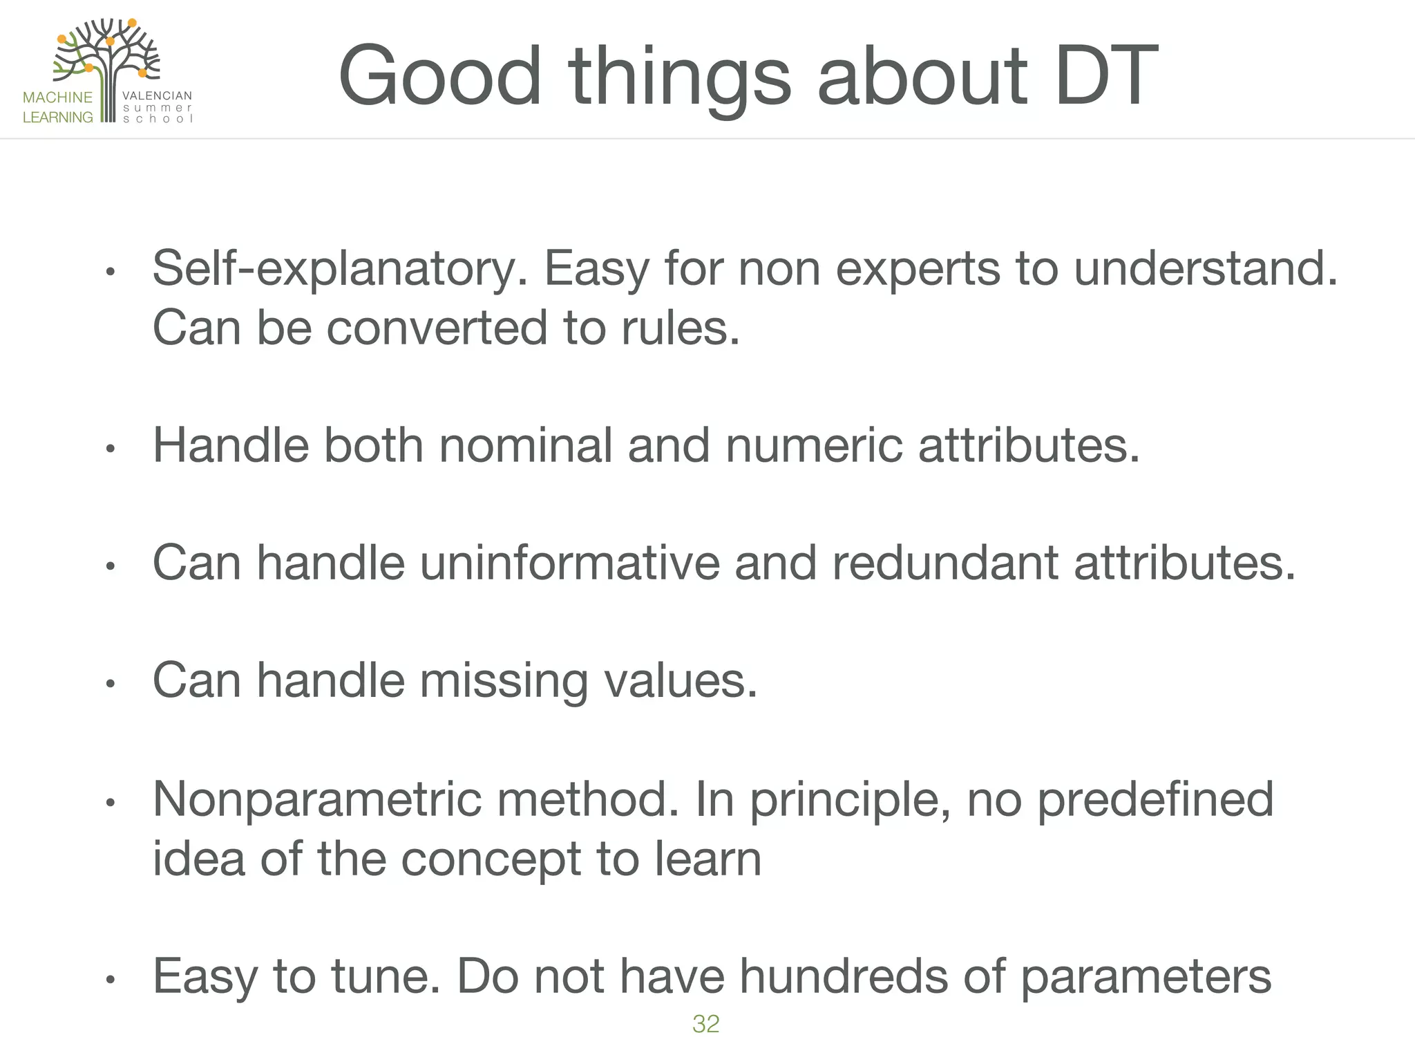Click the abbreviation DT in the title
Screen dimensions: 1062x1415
click(1104, 76)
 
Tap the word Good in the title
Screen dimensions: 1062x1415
click(439, 76)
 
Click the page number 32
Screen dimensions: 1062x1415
click(705, 1024)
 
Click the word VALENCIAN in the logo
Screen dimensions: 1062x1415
click(157, 96)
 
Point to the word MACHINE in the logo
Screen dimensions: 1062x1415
click(57, 97)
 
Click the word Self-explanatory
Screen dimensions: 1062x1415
click(339, 269)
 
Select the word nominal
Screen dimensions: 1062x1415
click(525, 445)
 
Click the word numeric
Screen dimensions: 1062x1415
click(813, 445)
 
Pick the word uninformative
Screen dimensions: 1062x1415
click(569, 563)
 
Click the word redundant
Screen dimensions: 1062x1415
click(944, 563)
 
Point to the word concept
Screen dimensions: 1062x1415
click(491, 859)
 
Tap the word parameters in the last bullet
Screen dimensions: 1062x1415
click(1145, 978)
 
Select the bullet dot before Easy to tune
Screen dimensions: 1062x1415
click(109, 980)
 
